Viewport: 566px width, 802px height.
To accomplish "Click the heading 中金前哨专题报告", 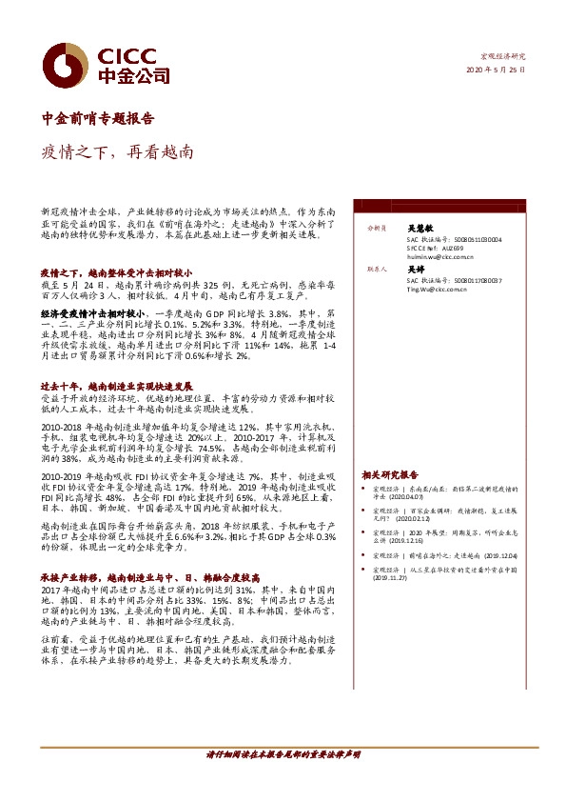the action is pos(99,118).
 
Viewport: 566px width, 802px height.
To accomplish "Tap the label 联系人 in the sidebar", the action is pos(376,271).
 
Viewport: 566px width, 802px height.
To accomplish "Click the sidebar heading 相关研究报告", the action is pos(390,474).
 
